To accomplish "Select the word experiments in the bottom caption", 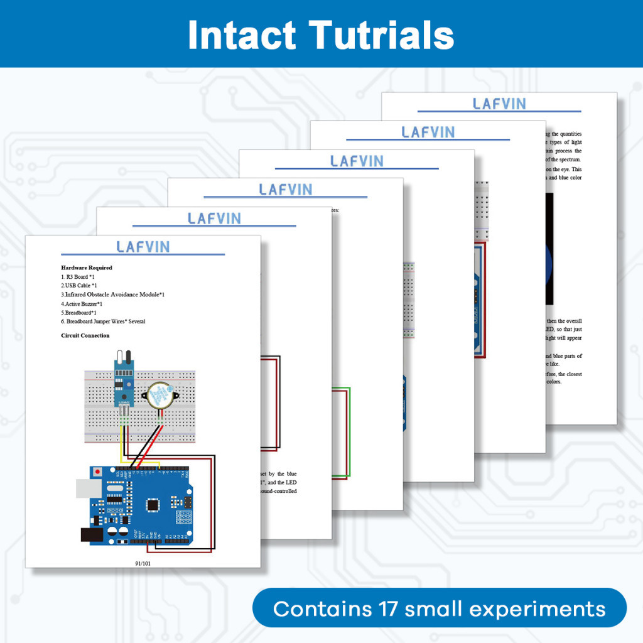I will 505,609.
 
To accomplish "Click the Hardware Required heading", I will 87,267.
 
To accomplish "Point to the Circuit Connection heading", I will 85,335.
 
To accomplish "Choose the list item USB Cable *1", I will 79,286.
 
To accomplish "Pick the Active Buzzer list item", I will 82,303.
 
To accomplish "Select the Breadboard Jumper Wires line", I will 103,321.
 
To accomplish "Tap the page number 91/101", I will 143,563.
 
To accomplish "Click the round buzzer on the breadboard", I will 159,396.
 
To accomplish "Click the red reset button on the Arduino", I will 97,471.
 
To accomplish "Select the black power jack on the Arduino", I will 92,534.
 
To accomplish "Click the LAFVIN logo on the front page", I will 143,246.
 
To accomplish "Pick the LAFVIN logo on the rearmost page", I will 499,104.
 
